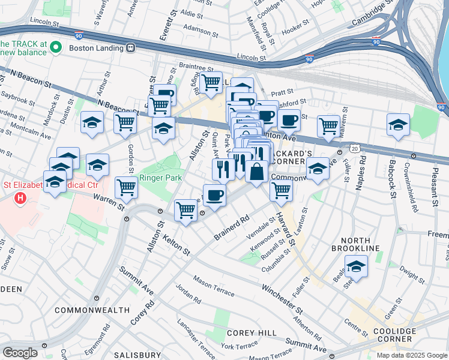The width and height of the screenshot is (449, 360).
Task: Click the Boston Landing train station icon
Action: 131,47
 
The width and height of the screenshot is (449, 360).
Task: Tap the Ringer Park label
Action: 159,178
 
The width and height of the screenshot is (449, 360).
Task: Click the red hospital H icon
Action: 20,197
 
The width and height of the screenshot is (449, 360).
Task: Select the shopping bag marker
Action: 256,172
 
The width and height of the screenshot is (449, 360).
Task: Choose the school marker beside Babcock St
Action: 398,125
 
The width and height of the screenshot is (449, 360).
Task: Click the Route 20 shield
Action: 355,148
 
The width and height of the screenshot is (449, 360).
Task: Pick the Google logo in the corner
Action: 20,353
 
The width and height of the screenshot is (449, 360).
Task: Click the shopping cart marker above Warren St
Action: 127,187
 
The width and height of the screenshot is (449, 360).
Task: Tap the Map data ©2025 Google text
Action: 411,355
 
